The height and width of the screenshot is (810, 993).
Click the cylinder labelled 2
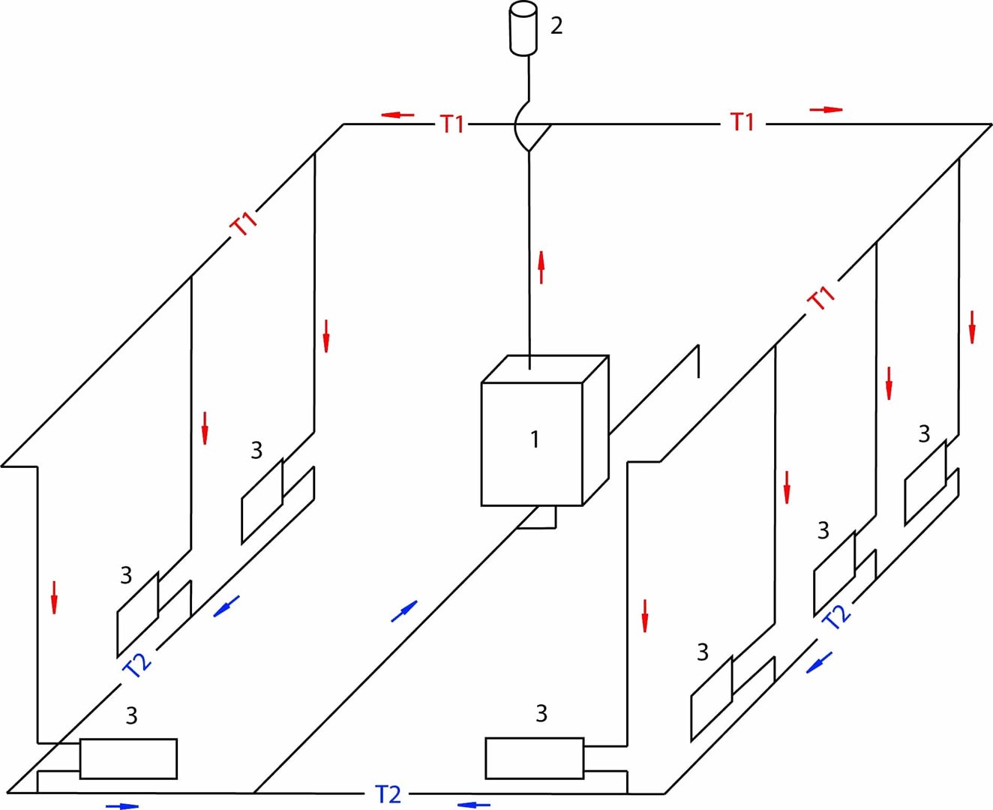[x=523, y=28]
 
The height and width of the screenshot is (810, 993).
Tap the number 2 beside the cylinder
[x=556, y=25]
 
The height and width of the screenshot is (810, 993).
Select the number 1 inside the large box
[x=535, y=439]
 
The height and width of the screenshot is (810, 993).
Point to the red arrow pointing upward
[x=541, y=268]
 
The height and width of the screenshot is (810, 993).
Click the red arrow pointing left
[x=397, y=115]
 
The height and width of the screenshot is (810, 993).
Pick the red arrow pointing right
[x=826, y=109]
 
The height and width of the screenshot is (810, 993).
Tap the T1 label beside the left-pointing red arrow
[x=452, y=124]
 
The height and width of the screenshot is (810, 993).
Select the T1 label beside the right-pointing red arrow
[x=742, y=122]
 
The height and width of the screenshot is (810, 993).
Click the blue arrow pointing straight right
[x=122, y=806]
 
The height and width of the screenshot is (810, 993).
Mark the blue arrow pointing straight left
[x=474, y=805]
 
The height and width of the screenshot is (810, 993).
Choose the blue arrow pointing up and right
[x=404, y=611]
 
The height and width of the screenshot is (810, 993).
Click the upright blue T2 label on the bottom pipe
[x=388, y=794]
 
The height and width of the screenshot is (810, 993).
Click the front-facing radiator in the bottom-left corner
[x=128, y=759]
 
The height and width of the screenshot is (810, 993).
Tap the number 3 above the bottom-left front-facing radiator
[x=131, y=715]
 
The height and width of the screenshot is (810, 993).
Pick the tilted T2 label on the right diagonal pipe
[x=836, y=616]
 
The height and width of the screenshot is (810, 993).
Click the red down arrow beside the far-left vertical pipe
[x=54, y=598]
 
